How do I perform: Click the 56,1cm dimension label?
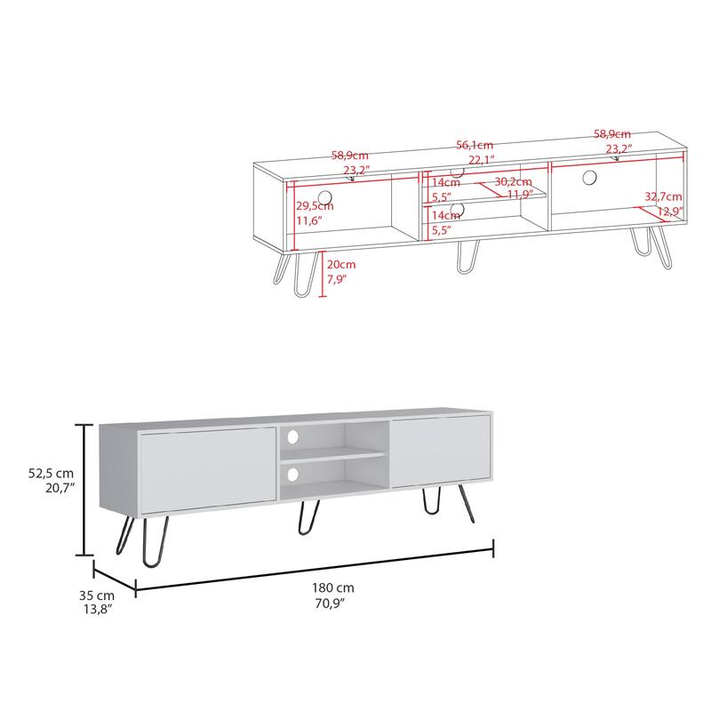point(475,145)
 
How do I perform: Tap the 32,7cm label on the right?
point(663,196)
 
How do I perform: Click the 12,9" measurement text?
point(670,212)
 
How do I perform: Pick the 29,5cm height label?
point(314,205)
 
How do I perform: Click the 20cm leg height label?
point(340,265)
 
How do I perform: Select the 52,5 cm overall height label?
point(51,475)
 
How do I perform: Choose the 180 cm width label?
point(333,588)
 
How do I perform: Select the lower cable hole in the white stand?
point(292,475)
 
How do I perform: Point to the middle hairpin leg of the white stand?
point(308,519)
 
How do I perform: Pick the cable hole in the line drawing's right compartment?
point(589,177)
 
